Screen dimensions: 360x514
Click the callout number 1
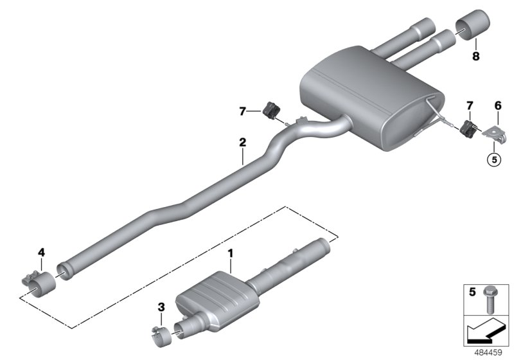click(x=231, y=255)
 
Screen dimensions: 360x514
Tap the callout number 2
click(x=242, y=141)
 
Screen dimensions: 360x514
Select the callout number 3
click(x=161, y=314)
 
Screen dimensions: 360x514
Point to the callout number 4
click(x=41, y=253)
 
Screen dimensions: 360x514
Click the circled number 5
click(x=493, y=159)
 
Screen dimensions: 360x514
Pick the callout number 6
click(x=497, y=105)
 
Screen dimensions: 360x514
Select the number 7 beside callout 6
click(x=470, y=105)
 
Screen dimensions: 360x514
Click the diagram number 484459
click(x=489, y=353)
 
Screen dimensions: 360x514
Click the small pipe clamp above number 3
click(x=161, y=334)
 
